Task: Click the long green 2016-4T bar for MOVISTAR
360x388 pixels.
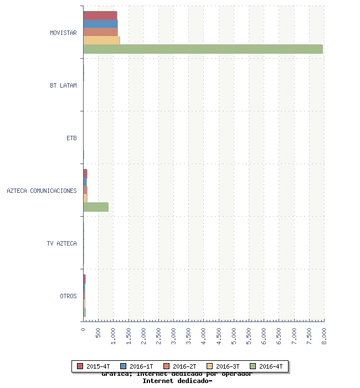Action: point(203,49)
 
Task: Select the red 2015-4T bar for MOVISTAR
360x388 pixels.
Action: point(100,15)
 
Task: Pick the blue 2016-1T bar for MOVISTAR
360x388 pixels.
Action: point(100,23)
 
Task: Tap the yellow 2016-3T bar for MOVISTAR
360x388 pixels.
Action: point(101,40)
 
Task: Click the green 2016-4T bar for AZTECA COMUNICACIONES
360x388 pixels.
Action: point(96,207)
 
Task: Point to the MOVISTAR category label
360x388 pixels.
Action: point(63,33)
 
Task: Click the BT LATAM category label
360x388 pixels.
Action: point(63,86)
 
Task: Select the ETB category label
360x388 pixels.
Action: point(71,138)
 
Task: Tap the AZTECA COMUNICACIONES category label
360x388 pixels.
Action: point(42,191)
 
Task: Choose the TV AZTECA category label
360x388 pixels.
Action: point(62,243)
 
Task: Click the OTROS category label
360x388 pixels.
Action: point(68,296)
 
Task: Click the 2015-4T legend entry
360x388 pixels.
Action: point(94,366)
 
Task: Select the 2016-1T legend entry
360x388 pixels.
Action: point(137,366)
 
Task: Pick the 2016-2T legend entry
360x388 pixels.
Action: point(180,366)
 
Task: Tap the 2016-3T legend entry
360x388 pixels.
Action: point(223,366)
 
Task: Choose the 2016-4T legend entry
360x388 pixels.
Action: point(266,366)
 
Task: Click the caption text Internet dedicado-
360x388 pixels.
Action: point(177,381)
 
